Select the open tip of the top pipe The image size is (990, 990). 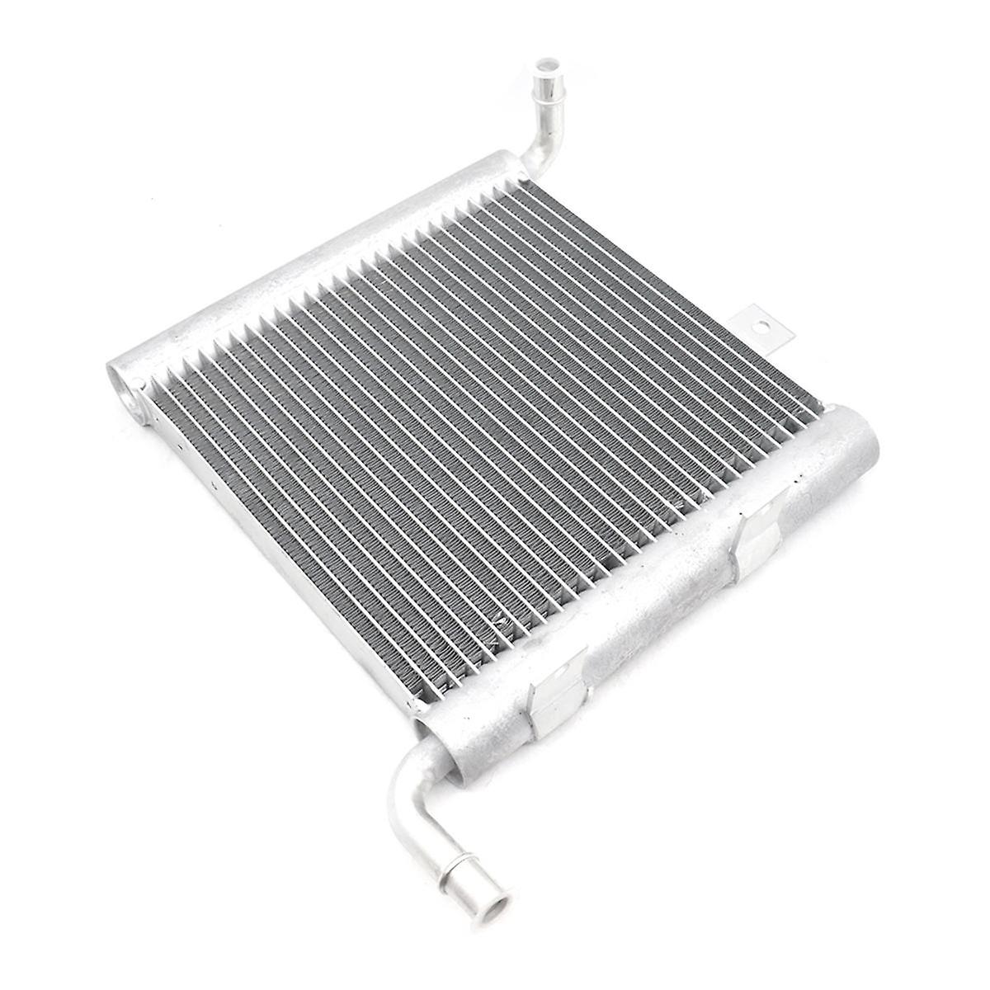(546, 64)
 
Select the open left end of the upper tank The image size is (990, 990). (123, 387)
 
